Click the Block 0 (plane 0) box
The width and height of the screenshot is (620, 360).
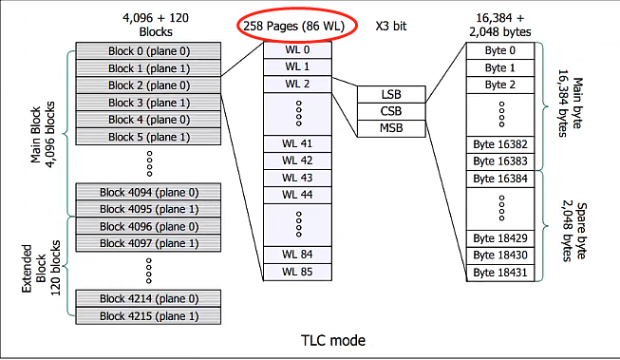[x=148, y=51]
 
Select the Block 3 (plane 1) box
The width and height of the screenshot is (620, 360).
[x=148, y=103]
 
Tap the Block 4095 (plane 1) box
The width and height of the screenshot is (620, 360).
[x=148, y=209]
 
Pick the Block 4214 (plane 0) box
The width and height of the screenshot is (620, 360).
[x=148, y=298]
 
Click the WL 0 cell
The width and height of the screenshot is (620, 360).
[x=297, y=50]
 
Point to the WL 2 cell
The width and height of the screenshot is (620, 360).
[x=297, y=85]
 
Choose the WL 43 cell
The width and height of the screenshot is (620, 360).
[x=297, y=178]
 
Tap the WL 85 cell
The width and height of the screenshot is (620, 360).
[x=297, y=273]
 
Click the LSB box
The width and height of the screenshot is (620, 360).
[x=391, y=95]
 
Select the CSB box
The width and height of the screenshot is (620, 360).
[x=391, y=111]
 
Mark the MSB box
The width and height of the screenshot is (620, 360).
[x=391, y=128]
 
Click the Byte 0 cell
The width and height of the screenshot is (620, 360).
[x=500, y=50]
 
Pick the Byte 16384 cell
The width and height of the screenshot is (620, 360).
[x=500, y=179]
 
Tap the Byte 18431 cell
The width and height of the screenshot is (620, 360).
[x=500, y=273]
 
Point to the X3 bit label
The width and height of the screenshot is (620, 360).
[x=391, y=26]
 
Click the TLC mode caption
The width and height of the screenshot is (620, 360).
[x=333, y=340]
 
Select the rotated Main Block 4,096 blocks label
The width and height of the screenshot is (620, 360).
[x=43, y=135]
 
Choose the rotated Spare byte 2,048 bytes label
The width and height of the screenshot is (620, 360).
[x=573, y=232]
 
